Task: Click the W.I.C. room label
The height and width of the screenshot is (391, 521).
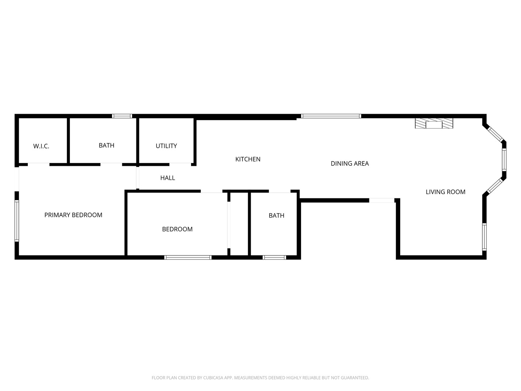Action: (x=41, y=146)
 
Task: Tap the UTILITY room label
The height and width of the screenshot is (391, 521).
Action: (x=166, y=146)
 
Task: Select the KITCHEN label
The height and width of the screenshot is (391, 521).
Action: (x=248, y=159)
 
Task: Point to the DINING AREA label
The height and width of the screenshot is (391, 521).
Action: (x=350, y=164)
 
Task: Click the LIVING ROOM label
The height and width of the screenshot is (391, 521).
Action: (x=445, y=192)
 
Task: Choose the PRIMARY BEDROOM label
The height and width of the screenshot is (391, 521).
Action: (x=73, y=215)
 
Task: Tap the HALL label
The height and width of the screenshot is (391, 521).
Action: (x=168, y=178)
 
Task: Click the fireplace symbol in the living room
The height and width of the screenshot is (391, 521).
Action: (x=434, y=123)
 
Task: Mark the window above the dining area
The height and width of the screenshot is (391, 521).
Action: (x=331, y=116)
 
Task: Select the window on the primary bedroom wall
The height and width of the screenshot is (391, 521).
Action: (x=17, y=221)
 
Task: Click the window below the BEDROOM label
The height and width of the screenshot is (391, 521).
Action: (x=188, y=257)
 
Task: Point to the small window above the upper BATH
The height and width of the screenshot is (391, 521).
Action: (x=122, y=116)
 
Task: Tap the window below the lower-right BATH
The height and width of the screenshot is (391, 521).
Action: (x=274, y=257)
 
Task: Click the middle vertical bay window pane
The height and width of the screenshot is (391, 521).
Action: (x=504, y=160)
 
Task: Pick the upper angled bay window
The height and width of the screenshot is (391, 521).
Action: (x=495, y=134)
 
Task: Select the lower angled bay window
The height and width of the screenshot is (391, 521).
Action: (x=495, y=186)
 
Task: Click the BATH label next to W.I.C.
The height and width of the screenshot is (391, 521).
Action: (x=106, y=146)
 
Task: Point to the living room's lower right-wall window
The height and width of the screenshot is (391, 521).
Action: (x=484, y=237)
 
